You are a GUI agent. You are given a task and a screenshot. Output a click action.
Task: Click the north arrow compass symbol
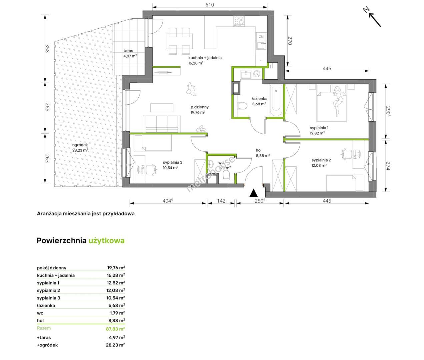click(372, 17)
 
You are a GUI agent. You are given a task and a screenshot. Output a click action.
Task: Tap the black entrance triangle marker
click(254, 193)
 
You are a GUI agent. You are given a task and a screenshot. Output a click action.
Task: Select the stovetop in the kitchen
click(239, 21)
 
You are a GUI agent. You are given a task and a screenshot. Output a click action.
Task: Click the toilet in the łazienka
click(243, 106)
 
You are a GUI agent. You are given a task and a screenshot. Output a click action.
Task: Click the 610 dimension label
click(210, 5)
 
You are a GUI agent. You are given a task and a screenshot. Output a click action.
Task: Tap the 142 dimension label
click(221, 201)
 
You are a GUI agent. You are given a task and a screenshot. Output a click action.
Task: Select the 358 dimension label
click(47, 48)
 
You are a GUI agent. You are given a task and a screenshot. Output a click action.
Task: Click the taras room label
click(128, 50)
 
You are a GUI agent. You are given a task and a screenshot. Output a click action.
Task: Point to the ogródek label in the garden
click(80, 145)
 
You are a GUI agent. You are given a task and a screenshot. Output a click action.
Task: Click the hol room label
click(259, 150)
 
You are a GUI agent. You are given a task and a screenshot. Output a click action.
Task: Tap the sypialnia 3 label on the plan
click(173, 162)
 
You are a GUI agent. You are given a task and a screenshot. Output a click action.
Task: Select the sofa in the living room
click(162, 124)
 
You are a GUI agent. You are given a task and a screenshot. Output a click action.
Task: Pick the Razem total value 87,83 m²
click(115, 329)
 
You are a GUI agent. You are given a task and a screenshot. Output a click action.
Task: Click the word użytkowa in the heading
click(106, 241)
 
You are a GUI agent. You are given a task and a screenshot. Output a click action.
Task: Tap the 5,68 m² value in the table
click(117, 305)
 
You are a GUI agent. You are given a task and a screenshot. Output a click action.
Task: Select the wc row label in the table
click(40, 313)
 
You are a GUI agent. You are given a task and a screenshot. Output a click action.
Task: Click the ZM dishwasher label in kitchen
click(261, 37)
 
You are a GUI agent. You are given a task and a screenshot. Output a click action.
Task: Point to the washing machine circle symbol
click(257, 73)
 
